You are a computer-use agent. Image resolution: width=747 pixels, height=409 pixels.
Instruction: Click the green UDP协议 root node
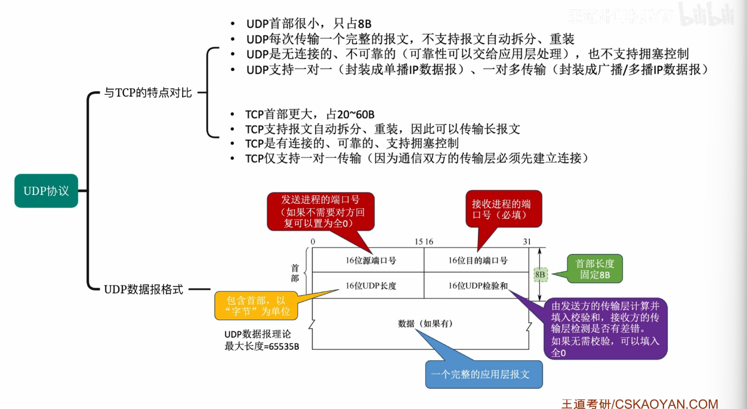coord(46,191)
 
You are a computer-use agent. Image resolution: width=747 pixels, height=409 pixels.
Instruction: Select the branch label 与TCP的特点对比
coord(148,92)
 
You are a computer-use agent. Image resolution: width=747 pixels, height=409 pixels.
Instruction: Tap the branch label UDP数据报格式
coord(143,289)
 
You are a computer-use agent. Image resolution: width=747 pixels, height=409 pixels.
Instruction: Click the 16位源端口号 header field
coord(371,261)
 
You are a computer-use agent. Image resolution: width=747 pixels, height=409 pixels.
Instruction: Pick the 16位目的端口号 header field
coord(477,261)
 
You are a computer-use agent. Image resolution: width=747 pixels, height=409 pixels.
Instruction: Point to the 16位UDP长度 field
coord(371,286)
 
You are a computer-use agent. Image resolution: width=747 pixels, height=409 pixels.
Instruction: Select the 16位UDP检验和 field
coord(477,286)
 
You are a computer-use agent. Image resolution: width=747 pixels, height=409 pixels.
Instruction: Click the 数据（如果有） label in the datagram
coord(425,324)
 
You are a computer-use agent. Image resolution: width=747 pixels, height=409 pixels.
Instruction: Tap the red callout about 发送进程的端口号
coord(320,211)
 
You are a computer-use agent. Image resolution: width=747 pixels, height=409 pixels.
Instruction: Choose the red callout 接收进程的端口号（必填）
coord(504,209)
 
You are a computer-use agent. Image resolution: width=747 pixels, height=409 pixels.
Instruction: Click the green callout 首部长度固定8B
coord(595,269)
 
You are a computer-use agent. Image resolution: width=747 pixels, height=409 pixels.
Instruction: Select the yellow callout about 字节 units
coord(256,306)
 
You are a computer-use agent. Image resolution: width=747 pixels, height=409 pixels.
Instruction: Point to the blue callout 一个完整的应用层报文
coord(484,374)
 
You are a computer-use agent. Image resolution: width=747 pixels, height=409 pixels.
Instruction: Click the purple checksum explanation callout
coord(605,329)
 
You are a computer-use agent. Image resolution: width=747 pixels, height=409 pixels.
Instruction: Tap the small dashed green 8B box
coord(540,275)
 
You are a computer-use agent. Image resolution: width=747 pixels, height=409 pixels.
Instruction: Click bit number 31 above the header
coord(527,241)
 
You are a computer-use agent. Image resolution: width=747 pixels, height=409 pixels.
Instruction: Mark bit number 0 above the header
coord(313,241)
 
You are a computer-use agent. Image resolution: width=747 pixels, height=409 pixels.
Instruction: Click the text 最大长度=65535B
coord(262,346)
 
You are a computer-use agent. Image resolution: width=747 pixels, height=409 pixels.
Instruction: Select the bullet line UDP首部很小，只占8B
coord(309,24)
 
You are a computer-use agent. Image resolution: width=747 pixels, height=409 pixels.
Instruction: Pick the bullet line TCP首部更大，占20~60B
coord(310,114)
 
